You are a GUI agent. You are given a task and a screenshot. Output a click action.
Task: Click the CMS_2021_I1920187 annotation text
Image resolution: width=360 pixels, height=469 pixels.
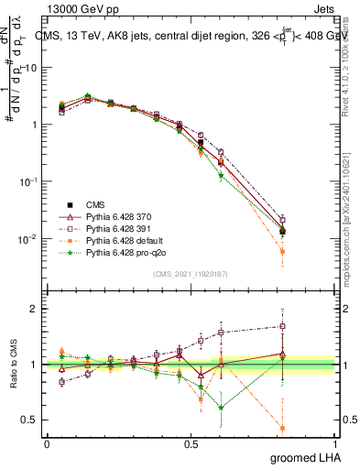(190, 274)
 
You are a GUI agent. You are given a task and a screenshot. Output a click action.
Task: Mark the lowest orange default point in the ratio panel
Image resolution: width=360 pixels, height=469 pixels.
(282, 428)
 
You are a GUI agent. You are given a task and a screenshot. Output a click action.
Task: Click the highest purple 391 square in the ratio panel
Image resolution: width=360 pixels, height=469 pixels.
(282, 326)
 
